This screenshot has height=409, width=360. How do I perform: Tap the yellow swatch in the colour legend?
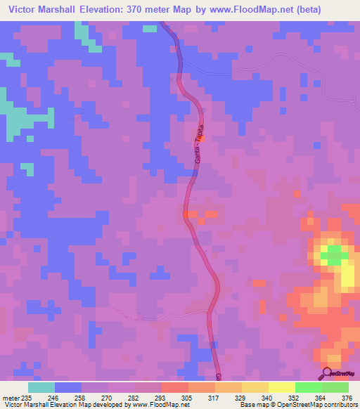click(x=281, y=387)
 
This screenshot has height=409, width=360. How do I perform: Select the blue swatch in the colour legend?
click(x=67, y=387)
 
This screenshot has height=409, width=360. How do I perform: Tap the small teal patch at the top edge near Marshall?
click(x=149, y=28)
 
